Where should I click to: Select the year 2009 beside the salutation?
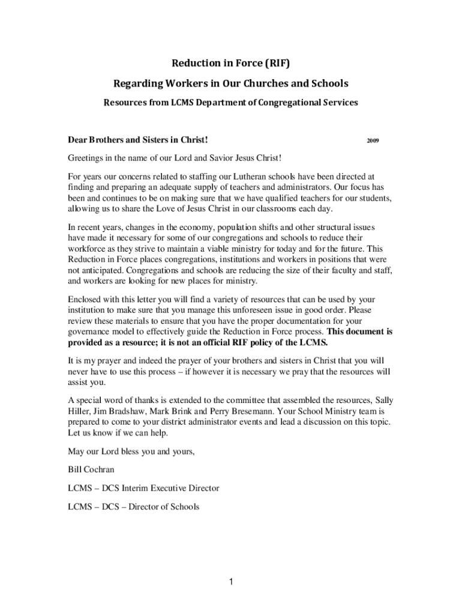coord(372,141)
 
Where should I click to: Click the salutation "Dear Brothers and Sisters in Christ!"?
coord(138,141)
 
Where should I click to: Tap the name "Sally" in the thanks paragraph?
coord(385,401)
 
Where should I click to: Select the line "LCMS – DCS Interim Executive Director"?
coord(143,488)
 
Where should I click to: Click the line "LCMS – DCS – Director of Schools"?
coord(133,507)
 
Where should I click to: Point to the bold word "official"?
coord(226,342)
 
